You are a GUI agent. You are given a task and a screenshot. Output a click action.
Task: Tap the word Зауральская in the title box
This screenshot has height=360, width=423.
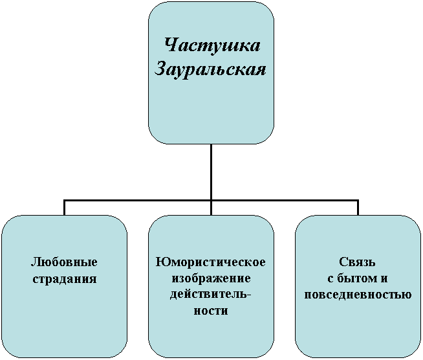point(210,69)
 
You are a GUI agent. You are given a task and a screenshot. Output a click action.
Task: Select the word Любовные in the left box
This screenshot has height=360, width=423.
point(64,262)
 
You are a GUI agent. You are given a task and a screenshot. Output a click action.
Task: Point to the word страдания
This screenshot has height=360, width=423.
point(65,279)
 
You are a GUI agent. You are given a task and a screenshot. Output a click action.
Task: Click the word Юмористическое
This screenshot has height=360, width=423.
point(211,262)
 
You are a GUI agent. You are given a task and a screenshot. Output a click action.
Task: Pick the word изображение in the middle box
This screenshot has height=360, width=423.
point(211,278)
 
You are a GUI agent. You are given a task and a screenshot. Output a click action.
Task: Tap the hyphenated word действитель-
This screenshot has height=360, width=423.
point(210,295)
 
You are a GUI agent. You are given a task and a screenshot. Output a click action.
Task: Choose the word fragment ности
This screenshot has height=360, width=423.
point(211,311)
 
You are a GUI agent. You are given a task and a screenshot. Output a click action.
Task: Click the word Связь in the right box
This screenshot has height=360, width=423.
point(357,262)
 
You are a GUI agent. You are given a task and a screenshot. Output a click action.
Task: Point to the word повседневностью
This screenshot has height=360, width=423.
point(358,295)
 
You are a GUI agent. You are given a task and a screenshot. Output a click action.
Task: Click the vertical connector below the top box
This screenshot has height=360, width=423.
point(211,172)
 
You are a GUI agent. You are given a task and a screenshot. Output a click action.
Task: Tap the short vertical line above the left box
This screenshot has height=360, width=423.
point(65,207)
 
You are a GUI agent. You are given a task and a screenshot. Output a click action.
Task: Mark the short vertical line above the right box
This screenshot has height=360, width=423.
point(358,207)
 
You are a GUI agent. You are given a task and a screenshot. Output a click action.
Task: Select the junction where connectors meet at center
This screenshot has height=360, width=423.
point(211,201)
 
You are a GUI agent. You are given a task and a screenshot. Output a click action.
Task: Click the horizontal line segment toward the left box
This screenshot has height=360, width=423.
point(137,201)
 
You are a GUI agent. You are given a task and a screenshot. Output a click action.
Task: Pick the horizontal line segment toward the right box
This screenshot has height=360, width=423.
point(285,201)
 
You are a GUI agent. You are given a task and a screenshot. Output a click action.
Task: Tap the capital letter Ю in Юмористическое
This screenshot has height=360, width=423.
point(161,262)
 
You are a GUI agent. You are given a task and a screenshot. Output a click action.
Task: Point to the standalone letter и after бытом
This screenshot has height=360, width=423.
point(384,279)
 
